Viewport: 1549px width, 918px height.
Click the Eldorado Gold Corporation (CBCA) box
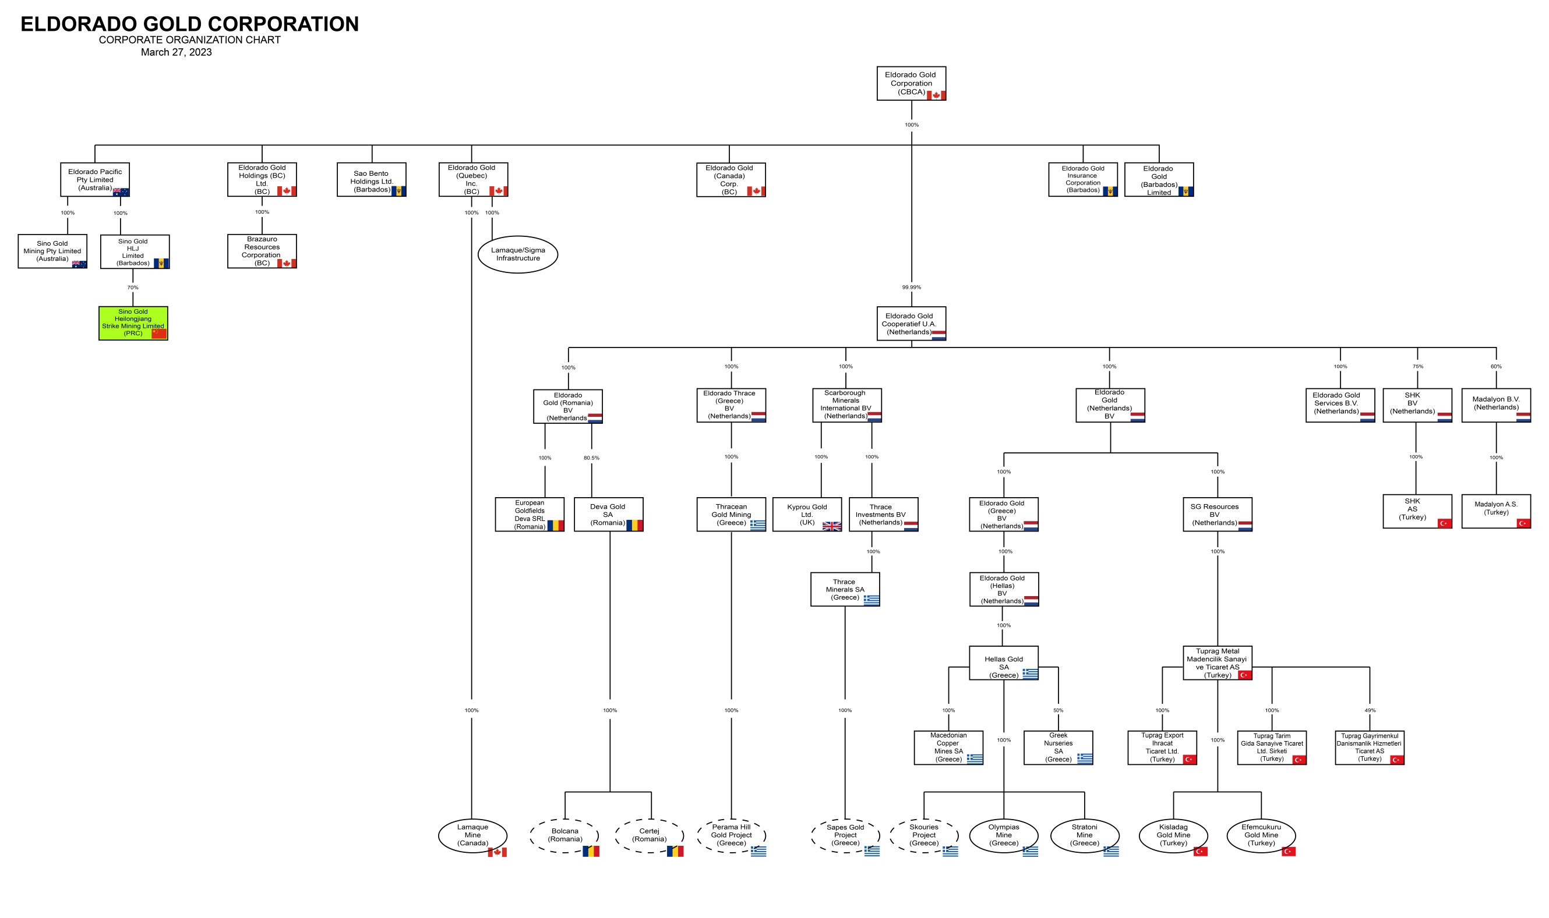(911, 83)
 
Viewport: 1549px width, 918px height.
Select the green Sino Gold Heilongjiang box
(133, 323)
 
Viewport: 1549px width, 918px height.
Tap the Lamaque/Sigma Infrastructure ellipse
(517, 254)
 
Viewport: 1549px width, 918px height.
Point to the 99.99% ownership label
(911, 287)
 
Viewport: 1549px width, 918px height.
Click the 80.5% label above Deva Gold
(591, 458)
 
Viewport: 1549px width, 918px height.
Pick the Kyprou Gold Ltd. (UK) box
(806, 514)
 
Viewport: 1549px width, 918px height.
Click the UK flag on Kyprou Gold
(831, 526)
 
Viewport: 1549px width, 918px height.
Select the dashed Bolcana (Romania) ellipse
(564, 835)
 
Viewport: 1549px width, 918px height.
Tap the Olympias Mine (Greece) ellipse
(1003, 835)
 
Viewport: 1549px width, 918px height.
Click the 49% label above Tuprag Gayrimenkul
(1370, 710)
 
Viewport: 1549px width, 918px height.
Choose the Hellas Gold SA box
(1003, 663)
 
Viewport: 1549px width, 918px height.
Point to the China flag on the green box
(159, 334)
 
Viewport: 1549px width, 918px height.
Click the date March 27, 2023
(177, 52)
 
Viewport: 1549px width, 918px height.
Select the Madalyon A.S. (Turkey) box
(1495, 511)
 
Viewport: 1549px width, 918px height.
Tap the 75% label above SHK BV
(1417, 366)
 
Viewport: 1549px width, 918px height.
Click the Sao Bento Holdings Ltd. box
(371, 179)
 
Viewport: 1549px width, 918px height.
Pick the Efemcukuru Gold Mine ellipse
(1261, 835)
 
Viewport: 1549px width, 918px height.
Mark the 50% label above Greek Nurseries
(1058, 710)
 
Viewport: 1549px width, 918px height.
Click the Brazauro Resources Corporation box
(262, 250)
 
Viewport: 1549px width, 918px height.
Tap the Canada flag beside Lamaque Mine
(497, 852)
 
